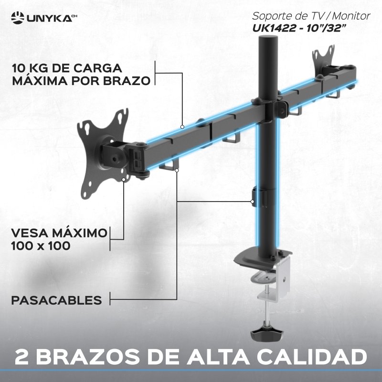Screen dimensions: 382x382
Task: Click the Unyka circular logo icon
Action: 18,18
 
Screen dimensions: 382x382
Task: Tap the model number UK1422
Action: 274,29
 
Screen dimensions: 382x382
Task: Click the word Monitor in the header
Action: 351,16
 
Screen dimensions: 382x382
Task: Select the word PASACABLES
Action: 56,300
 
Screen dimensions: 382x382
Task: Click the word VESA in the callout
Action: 30,233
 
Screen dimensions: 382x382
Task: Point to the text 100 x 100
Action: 41,246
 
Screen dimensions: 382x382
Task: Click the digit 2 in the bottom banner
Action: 21,357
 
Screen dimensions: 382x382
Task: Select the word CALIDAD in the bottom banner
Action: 312,357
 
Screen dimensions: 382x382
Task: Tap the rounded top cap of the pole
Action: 268,39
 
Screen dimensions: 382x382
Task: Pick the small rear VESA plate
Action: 324,57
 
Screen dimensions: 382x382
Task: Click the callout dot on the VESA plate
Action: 124,180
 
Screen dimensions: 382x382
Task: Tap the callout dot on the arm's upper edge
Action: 182,127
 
